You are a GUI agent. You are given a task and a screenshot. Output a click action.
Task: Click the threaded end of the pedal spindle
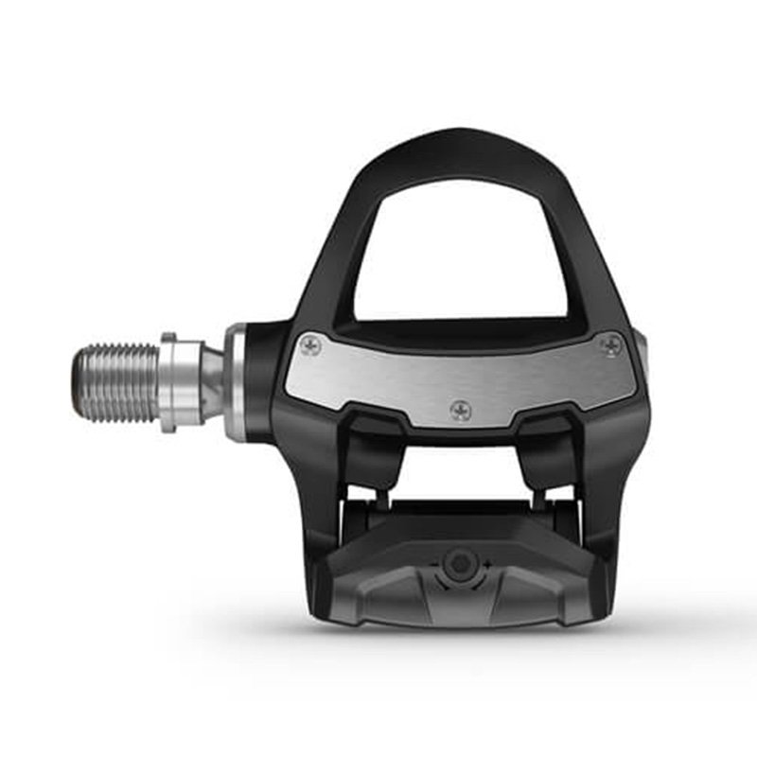point(114,382)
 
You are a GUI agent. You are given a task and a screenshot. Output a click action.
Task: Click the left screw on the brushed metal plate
point(309,346)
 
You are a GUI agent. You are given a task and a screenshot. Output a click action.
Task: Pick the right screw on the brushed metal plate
point(611,345)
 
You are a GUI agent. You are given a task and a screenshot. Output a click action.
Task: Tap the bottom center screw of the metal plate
point(461,410)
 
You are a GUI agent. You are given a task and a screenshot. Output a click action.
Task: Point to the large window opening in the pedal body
point(461,251)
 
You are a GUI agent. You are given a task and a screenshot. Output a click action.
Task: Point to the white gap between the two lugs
point(461,464)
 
